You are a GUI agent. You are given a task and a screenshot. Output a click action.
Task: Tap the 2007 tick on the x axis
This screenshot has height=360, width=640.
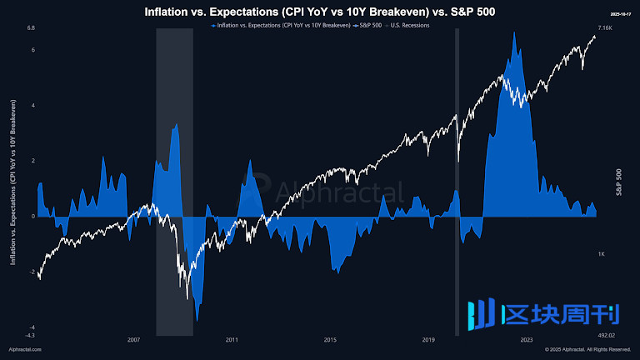tap(133, 340)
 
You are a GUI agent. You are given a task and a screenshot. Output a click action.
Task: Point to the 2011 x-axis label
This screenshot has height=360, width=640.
tap(232, 340)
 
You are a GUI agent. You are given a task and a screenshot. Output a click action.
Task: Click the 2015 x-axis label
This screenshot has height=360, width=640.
tap(330, 340)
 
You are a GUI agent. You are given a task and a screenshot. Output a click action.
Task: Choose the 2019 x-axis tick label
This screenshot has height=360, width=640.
tap(428, 340)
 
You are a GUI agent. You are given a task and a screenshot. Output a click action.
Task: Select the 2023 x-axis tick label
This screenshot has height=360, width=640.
tap(527, 340)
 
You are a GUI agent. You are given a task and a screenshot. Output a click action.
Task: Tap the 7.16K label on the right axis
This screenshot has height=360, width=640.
tap(607, 28)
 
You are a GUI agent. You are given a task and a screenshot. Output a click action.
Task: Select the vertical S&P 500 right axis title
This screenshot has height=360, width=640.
tap(618, 182)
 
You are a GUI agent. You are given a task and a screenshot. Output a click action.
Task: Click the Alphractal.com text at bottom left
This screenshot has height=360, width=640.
tap(25, 350)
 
